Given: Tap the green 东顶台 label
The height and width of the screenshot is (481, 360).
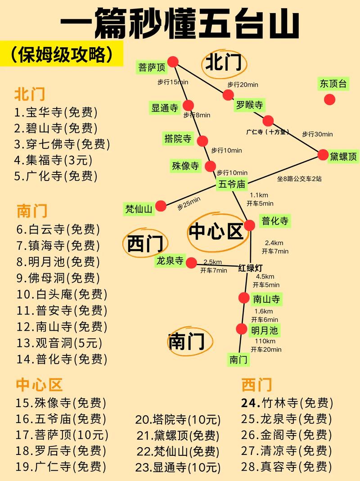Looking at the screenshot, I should click(333, 83).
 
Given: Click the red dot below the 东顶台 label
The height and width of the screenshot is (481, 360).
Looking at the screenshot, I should click(330, 99).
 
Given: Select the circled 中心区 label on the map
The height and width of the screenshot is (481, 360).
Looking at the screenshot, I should click(216, 231).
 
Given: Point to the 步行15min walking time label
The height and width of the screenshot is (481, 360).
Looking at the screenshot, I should click(173, 82).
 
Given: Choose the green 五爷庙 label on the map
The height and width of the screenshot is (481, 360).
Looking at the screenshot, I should click(233, 184).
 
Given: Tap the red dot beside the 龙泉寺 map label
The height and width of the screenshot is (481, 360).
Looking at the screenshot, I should click(192, 263).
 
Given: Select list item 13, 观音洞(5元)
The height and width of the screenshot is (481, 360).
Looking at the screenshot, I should click(59, 343).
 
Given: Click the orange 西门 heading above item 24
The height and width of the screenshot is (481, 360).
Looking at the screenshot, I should click(256, 385).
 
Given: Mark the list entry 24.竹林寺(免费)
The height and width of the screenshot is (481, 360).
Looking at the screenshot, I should click(287, 403).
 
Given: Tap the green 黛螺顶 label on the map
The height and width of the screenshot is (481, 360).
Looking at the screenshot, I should click(343, 157).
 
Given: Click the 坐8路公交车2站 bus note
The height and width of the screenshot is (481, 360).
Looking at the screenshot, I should click(299, 179).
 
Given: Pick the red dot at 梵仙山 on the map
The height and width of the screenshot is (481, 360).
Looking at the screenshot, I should click(161, 206).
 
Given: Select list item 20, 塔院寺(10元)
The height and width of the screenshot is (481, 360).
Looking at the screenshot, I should click(178, 420).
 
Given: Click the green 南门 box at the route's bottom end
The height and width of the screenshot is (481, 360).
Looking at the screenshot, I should click(238, 359).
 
